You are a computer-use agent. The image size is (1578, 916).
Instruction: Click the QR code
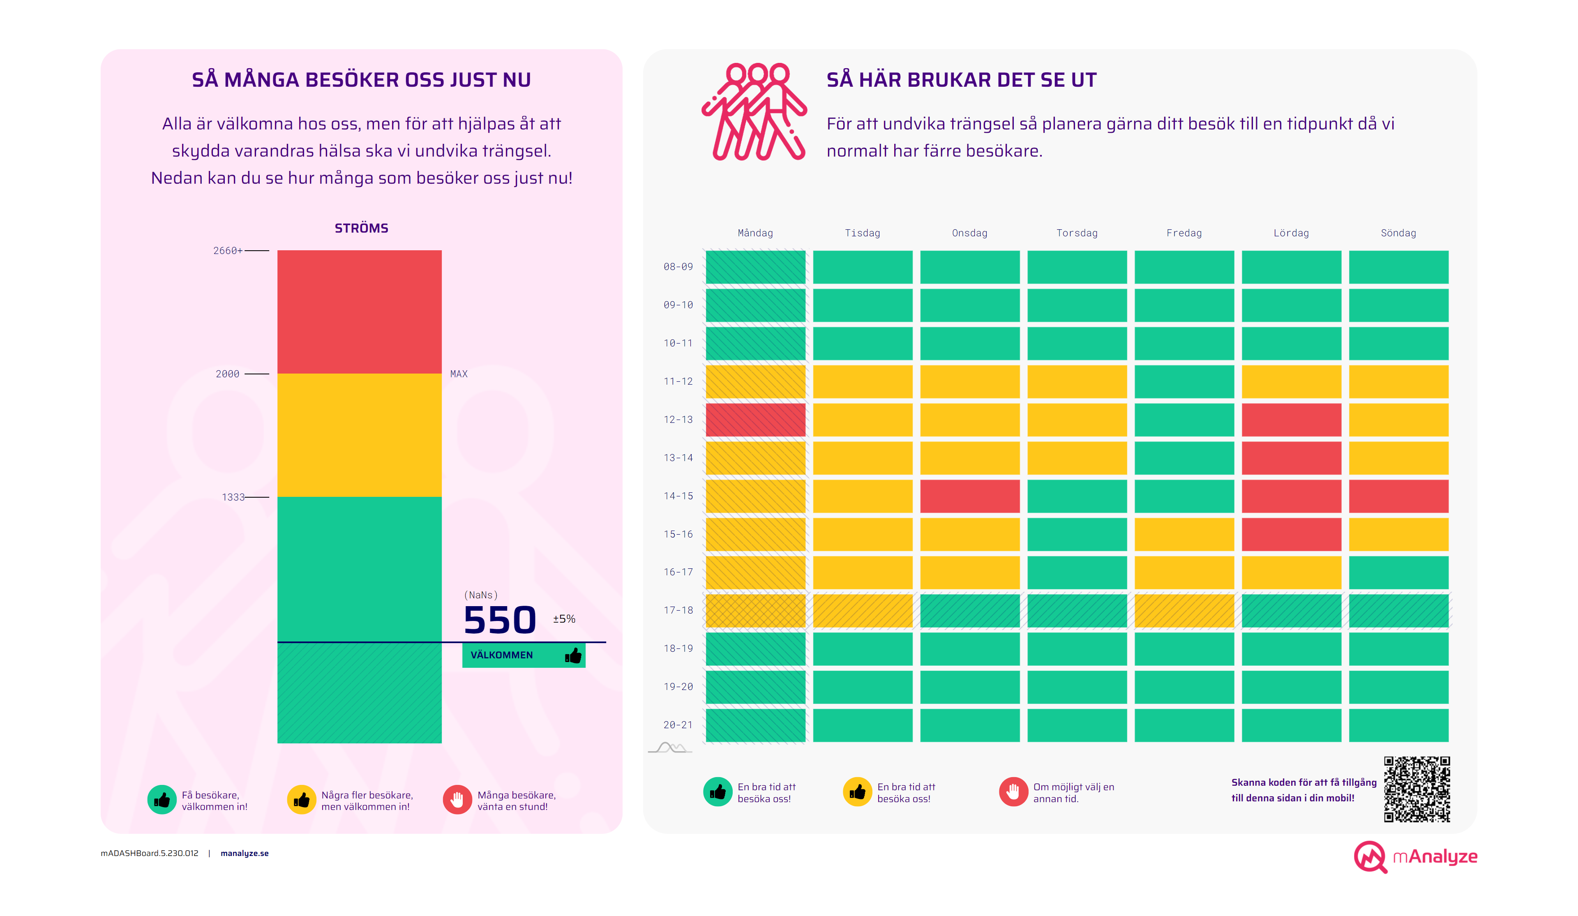[x=1417, y=789]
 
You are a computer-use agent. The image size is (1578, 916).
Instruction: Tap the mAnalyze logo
[x=1415, y=856]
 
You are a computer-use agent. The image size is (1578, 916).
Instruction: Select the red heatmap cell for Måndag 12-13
[x=755, y=420]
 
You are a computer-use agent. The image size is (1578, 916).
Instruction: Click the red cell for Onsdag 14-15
[x=969, y=496]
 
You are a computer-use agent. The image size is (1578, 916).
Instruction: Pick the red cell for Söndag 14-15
[x=1398, y=496]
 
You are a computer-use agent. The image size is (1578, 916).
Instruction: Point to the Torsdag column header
[x=1076, y=233]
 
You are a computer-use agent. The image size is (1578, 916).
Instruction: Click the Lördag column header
[x=1291, y=233]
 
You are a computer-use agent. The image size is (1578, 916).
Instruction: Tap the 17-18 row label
[x=678, y=610]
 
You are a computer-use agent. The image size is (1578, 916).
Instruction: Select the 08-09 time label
[x=678, y=267]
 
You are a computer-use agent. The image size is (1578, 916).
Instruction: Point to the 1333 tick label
[x=233, y=497]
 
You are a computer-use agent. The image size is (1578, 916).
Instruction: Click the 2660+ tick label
[x=227, y=250]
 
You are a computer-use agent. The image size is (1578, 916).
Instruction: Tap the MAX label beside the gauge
[x=458, y=374]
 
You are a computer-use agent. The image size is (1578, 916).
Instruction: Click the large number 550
[x=500, y=621]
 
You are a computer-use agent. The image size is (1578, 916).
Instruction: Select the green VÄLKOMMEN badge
[x=524, y=655]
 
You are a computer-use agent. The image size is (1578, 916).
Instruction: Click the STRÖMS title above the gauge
[x=361, y=228]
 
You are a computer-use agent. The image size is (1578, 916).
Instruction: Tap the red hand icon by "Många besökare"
[x=457, y=800]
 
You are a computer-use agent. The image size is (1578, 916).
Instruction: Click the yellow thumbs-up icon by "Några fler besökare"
[x=301, y=800]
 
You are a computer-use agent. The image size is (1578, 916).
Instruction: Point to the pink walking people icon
[x=754, y=111]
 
